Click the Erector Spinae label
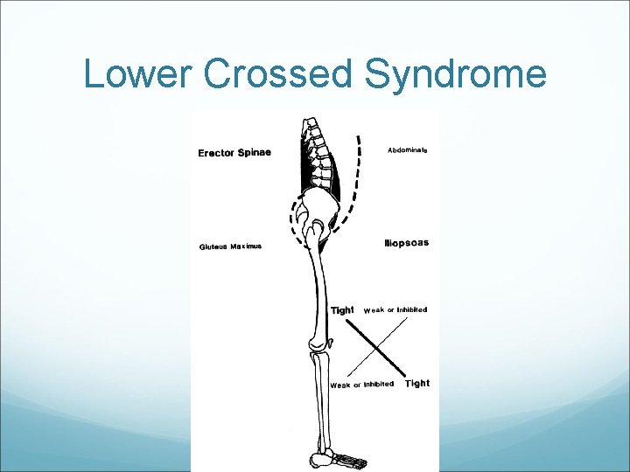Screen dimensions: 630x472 [234, 153]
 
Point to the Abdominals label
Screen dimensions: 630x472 [408, 149]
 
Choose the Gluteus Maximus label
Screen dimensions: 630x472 [230, 246]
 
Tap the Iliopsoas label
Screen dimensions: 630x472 [407, 242]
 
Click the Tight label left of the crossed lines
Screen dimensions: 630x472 [342, 310]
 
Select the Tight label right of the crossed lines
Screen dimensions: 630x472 [417, 383]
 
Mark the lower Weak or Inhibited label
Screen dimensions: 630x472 [361, 385]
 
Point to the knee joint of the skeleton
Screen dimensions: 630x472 [318, 348]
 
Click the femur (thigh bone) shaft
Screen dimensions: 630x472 [320, 288]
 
